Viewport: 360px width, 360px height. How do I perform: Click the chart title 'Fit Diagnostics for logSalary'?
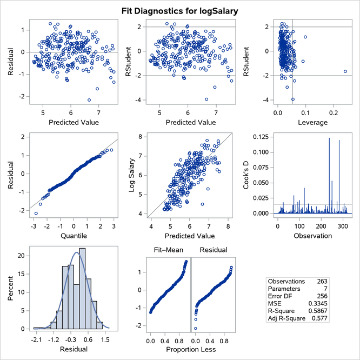pyautogui.click(x=180, y=10)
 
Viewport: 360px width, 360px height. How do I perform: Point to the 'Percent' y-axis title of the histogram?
pyautogui.click(x=12, y=289)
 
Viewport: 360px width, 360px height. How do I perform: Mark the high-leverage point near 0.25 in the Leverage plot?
pyautogui.click(x=345, y=71)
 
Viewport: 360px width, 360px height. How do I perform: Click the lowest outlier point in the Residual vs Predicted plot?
pyautogui.click(x=89, y=99)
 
